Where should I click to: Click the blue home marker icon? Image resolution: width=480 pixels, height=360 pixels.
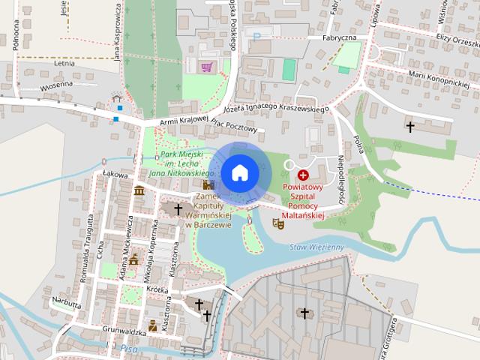(x=239, y=172)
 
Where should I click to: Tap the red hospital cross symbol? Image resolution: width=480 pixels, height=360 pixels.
(x=303, y=174)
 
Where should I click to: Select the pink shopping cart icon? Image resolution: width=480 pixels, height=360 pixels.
(x=206, y=67)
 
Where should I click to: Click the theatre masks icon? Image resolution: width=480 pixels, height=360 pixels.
(x=278, y=222)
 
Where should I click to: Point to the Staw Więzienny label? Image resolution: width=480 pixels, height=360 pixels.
(x=316, y=247)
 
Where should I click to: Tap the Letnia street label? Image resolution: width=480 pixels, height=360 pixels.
(x=65, y=64)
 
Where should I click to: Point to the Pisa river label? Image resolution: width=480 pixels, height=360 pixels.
(x=127, y=348)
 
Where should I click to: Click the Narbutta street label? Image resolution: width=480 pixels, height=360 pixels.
(x=66, y=303)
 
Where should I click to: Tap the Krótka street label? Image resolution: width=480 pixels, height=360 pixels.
(x=157, y=288)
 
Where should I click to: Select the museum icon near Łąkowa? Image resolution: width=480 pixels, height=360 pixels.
(x=139, y=191)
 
